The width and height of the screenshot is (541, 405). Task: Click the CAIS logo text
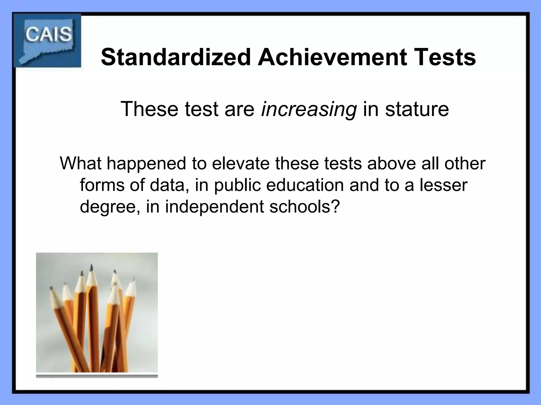click(49, 35)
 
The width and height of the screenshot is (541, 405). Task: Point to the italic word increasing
click(309, 109)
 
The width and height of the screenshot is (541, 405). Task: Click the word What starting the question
click(81, 163)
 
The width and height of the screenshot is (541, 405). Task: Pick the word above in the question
click(391, 163)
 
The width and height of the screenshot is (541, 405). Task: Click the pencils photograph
click(97, 315)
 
